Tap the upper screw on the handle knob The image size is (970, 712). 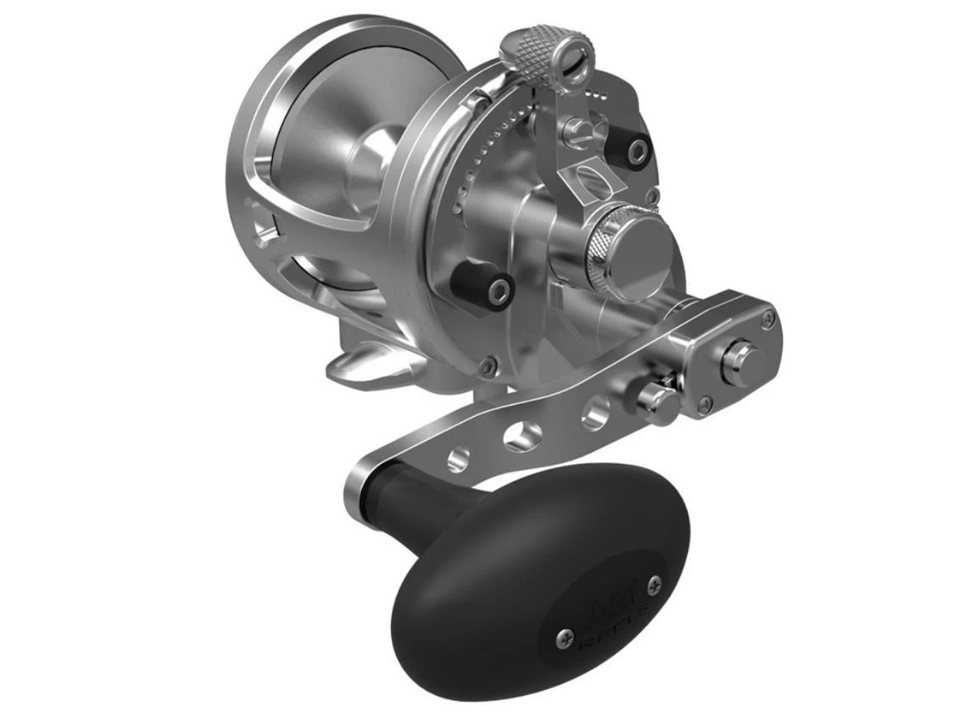[655, 583]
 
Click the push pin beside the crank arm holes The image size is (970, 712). [658, 399]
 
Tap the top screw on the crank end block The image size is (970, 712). [767, 318]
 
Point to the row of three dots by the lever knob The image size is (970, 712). [598, 87]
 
